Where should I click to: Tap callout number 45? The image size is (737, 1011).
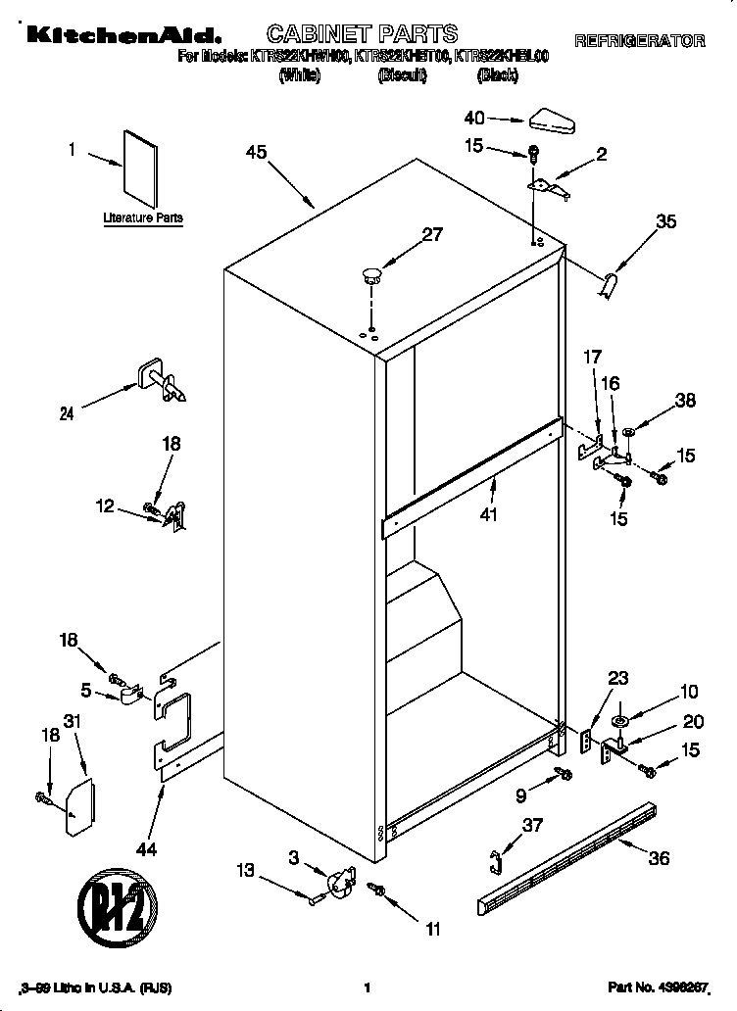pyautogui.click(x=257, y=152)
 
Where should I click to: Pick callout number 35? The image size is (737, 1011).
pyautogui.click(x=665, y=221)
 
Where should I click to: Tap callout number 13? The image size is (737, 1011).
pyautogui.click(x=245, y=869)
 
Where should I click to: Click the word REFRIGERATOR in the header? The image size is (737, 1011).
pyautogui.click(x=639, y=41)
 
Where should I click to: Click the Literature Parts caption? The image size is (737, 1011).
pyautogui.click(x=143, y=217)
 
